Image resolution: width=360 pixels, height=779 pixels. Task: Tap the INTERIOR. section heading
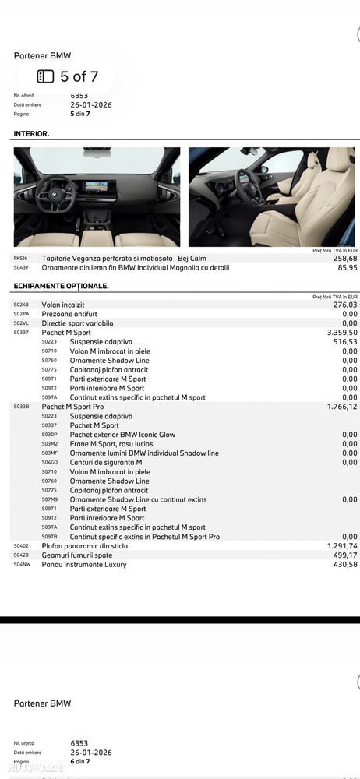tap(31, 134)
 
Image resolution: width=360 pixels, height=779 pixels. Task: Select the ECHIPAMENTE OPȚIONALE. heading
tap(61, 286)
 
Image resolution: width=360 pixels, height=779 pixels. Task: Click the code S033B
tap(21, 407)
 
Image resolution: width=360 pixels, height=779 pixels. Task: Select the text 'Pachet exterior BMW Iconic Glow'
tap(122, 435)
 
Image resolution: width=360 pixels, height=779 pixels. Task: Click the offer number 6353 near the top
tap(80, 96)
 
